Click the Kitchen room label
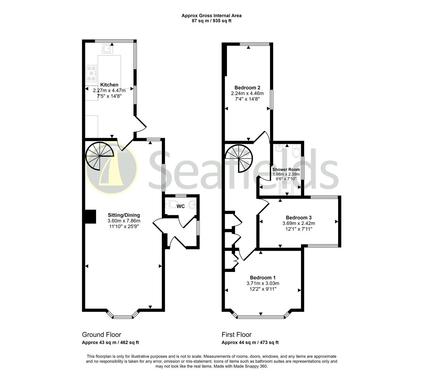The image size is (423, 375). pos(109,85)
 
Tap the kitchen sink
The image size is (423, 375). pos(108,49)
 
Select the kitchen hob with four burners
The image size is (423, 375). pos(92,73)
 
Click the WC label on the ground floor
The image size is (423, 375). pos(181,206)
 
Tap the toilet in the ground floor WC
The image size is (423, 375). pos(171,204)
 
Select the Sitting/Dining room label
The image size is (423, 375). pos(124,215)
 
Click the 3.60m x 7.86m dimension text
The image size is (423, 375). pos(124,221)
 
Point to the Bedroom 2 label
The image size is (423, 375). pos(247,87)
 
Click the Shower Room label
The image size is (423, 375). pos(286,169)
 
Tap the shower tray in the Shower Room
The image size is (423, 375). pos(287,188)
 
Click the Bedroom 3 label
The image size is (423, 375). pos(299,217)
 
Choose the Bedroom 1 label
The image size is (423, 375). pos(263,277)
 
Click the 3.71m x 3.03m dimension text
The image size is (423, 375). pos(263,283)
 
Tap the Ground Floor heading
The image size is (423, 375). pos(102,335)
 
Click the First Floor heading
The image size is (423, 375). pos(236,335)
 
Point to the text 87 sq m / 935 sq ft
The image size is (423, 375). pos(211,21)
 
